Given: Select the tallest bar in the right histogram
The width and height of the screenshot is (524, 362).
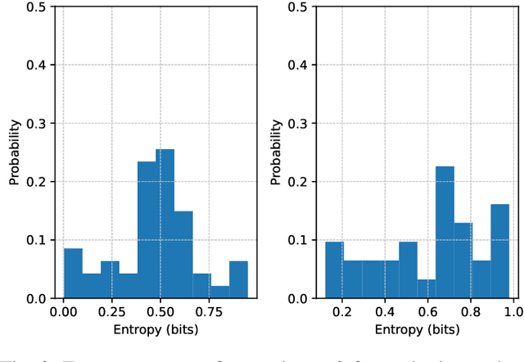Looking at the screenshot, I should coord(445,233).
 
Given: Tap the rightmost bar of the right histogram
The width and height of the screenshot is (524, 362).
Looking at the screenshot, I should coord(499,251).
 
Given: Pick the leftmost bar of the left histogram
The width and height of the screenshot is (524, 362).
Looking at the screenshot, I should coord(73,274).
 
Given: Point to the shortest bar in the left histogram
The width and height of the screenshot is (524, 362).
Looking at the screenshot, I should coord(219,292).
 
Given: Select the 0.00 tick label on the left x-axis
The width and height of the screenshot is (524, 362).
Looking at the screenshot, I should coord(64,312).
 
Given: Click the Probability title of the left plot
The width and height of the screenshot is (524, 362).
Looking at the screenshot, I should coord(14,153).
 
